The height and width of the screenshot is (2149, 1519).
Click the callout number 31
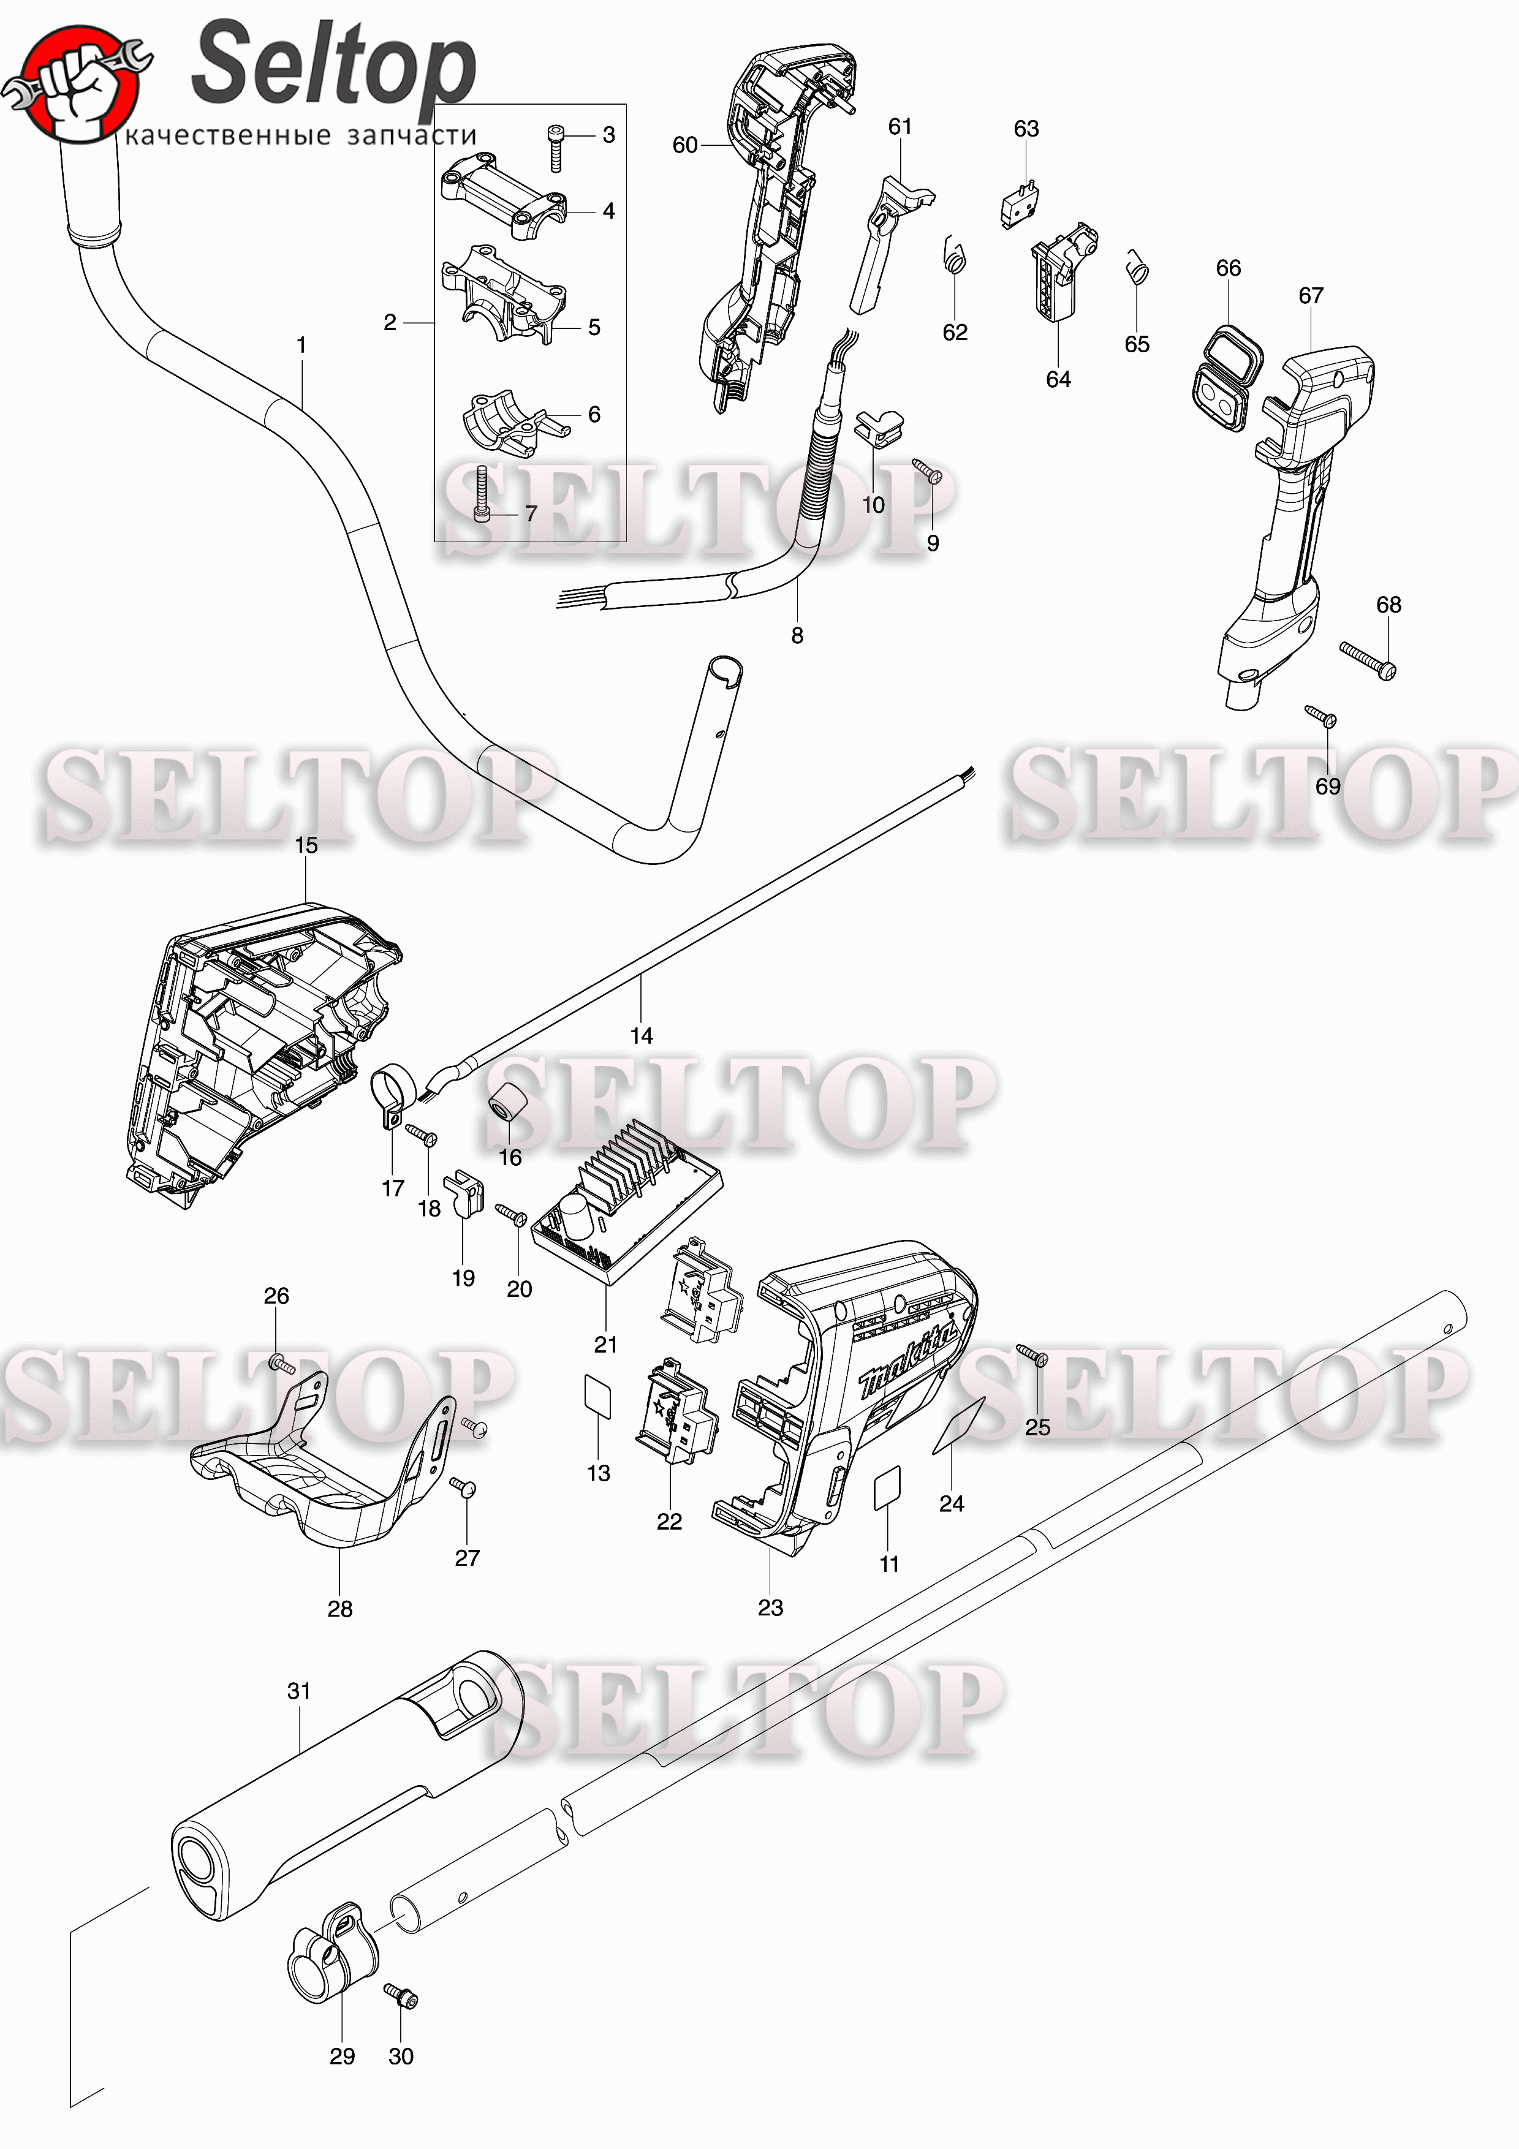(298, 1690)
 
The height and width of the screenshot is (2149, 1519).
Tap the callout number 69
(1327, 786)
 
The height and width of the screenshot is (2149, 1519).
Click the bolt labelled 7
(483, 495)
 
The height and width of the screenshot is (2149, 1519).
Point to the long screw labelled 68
(1368, 661)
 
